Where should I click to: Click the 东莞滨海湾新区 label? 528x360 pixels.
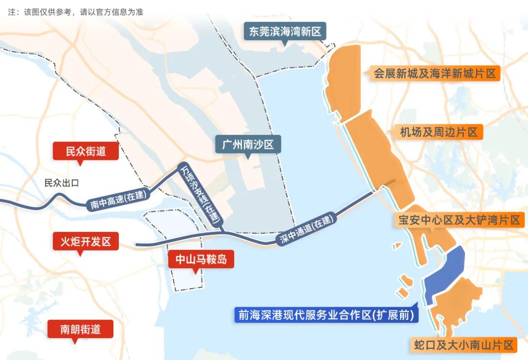point(285,32)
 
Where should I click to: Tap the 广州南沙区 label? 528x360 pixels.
point(247,145)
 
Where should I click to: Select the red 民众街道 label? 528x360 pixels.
point(86,152)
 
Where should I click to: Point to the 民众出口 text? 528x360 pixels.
point(62,183)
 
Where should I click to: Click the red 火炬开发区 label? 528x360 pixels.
point(86,241)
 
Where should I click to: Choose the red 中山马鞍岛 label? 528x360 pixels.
point(201,259)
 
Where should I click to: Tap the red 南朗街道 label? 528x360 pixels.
point(80,329)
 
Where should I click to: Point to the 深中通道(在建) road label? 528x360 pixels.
point(308,230)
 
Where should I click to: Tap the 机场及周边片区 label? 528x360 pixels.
point(439,132)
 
